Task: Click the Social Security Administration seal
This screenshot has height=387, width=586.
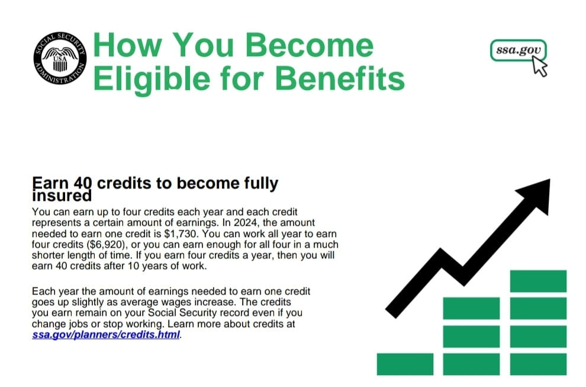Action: [x=60, y=58]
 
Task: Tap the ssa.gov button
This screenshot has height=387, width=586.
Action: [x=518, y=50]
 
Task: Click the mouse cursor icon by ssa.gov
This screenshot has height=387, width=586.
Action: [x=540, y=66]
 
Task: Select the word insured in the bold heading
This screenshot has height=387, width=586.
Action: [x=62, y=196]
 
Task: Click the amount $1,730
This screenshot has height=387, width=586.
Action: [x=180, y=234]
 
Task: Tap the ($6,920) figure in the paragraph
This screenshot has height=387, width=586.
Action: [x=107, y=245]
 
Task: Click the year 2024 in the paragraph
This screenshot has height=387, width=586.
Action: [x=246, y=223]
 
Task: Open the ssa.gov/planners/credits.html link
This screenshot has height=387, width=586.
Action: [x=106, y=334]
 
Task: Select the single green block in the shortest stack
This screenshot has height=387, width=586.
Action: [x=405, y=364]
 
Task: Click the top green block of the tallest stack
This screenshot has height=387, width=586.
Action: [x=538, y=281]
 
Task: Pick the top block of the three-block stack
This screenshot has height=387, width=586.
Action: [x=471, y=308]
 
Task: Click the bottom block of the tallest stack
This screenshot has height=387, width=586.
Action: [x=538, y=364]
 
